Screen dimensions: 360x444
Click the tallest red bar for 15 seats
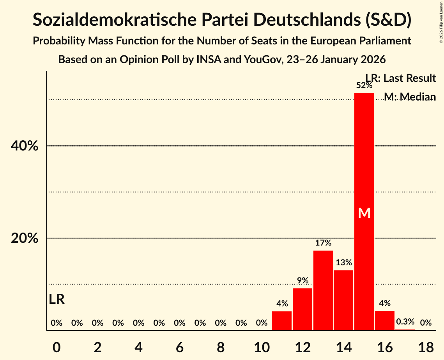[x=364, y=156]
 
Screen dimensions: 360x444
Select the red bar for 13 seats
[x=323, y=290]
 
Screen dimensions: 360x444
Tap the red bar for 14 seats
[x=343, y=300]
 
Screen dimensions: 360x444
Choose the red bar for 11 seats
[x=282, y=321]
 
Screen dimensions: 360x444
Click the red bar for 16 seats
[x=385, y=320]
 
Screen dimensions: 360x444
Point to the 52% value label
[x=364, y=85]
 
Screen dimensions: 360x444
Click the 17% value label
[x=323, y=243]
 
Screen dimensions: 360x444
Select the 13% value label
[x=343, y=263]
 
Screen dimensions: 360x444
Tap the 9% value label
[x=302, y=281]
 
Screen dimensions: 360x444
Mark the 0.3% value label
[x=405, y=322]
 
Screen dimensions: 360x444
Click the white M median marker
[x=364, y=213]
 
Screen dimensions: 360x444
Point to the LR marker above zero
[x=57, y=299]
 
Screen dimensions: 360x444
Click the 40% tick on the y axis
[x=24, y=146]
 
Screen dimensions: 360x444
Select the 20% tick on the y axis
[x=24, y=238]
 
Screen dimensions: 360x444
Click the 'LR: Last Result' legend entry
[x=400, y=78]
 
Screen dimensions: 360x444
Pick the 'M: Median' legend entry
[x=410, y=97]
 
